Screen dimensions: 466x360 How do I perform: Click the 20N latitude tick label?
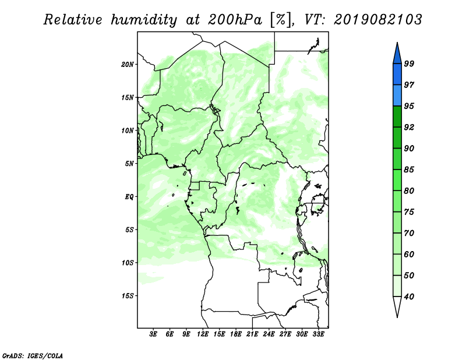pos(128,65)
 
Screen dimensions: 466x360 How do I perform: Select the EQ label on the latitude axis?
pos(129,197)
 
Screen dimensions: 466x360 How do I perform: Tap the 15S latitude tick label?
pos(128,296)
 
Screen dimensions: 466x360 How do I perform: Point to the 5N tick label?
pos(129,164)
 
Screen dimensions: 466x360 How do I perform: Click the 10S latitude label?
pos(128,263)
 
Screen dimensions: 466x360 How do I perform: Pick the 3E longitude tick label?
pos(153,334)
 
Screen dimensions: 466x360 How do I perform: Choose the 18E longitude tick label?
pos(236,334)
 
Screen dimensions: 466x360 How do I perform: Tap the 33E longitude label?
pos(318,334)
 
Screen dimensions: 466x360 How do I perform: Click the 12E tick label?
pos(203,334)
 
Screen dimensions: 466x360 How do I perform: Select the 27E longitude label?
pos(285,334)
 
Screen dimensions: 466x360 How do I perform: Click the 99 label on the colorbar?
pos(409,63)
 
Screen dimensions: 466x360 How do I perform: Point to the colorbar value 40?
pos(409,297)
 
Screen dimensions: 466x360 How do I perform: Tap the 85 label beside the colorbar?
pos(409,170)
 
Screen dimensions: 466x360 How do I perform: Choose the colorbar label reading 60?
pos(409,255)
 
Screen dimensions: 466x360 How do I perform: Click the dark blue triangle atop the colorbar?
pos(397,55)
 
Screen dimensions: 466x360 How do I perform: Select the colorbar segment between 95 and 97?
pos(397,96)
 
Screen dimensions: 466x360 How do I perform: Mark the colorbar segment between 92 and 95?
pos(397,117)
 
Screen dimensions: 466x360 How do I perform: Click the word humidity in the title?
pos(144,20)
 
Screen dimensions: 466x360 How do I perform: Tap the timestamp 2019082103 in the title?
pos(377,20)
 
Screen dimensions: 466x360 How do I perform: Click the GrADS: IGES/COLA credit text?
pos(33,355)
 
